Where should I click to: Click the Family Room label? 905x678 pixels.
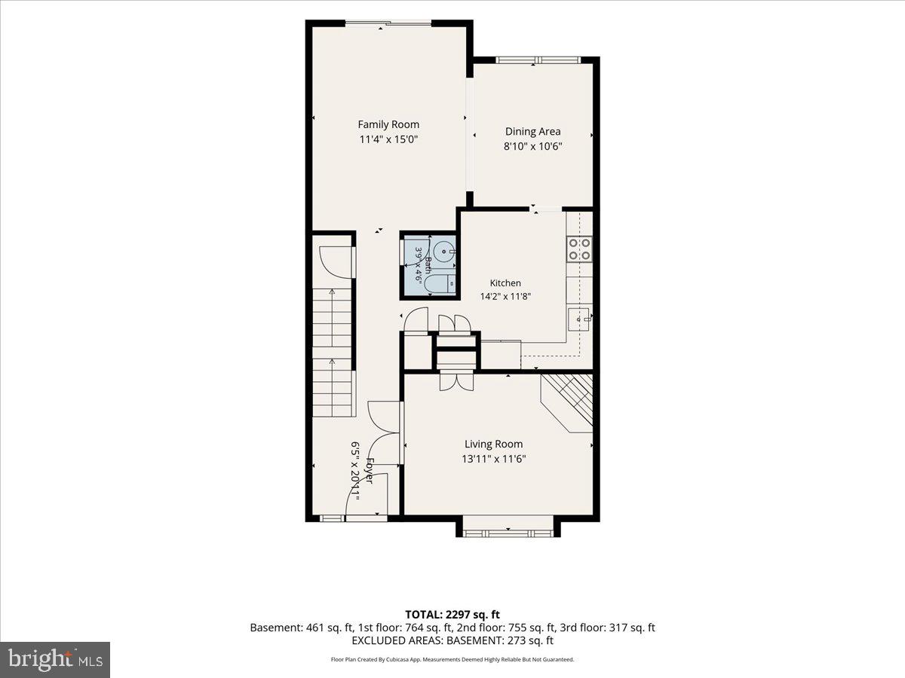(388, 124)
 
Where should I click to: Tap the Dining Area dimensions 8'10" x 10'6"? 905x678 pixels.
(532, 146)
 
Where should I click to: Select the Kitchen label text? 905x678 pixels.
(505, 282)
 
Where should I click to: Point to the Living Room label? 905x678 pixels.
(493, 444)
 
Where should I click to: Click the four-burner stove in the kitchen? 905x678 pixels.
(580, 249)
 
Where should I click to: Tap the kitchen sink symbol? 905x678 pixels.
(580, 319)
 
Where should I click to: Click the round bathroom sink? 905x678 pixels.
(443, 250)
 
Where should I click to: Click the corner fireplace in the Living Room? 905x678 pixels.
(567, 403)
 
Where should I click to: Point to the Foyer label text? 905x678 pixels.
(369, 471)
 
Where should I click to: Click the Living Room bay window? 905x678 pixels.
(508, 533)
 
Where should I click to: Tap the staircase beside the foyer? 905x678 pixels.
(333, 353)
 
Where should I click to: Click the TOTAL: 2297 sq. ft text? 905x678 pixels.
(452, 615)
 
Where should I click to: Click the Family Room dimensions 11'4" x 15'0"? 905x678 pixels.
(388, 139)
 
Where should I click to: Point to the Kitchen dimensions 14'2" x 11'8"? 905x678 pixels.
(505, 296)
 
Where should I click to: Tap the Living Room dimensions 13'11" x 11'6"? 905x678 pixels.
(493, 459)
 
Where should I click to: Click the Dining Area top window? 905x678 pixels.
(538, 60)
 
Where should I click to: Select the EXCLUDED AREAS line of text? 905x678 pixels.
(452, 640)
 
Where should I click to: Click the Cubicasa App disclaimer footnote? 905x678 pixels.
(452, 659)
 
